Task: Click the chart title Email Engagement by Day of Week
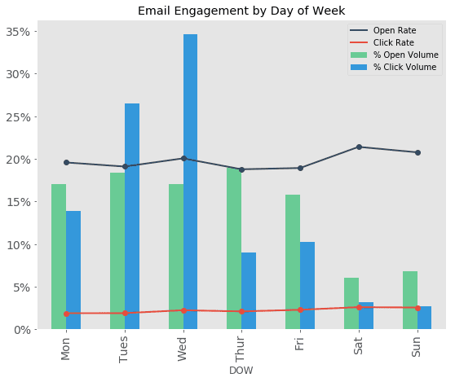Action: tap(241, 11)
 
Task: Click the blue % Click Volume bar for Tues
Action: tap(132, 216)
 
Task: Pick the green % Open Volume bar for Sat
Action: tap(351, 303)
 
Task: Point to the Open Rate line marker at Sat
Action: tap(359, 147)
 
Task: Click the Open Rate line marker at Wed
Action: tap(183, 158)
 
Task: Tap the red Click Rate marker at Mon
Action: tap(66, 313)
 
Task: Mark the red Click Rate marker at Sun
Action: tap(417, 308)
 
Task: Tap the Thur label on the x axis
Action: tap(241, 348)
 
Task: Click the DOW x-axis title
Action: tap(241, 371)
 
